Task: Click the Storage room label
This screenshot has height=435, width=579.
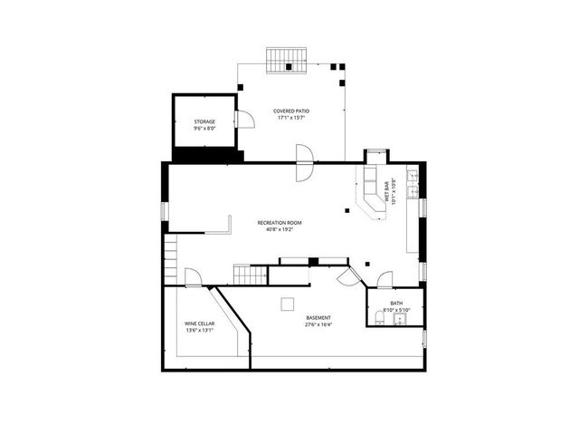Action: click(204, 121)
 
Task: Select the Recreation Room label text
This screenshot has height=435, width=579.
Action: click(280, 222)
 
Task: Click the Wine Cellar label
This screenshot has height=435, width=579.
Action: click(199, 324)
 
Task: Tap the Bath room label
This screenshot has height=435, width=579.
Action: click(396, 304)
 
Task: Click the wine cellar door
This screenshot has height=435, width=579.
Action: click(193, 277)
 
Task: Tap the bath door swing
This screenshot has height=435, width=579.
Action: click(385, 280)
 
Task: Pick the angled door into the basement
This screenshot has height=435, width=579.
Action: click(346, 275)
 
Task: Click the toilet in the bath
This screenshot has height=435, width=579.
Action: click(379, 317)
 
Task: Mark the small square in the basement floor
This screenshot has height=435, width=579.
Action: click(288, 304)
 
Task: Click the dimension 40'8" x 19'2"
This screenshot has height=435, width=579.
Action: click(280, 229)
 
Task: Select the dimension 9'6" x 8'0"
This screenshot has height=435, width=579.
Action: click(204, 129)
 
